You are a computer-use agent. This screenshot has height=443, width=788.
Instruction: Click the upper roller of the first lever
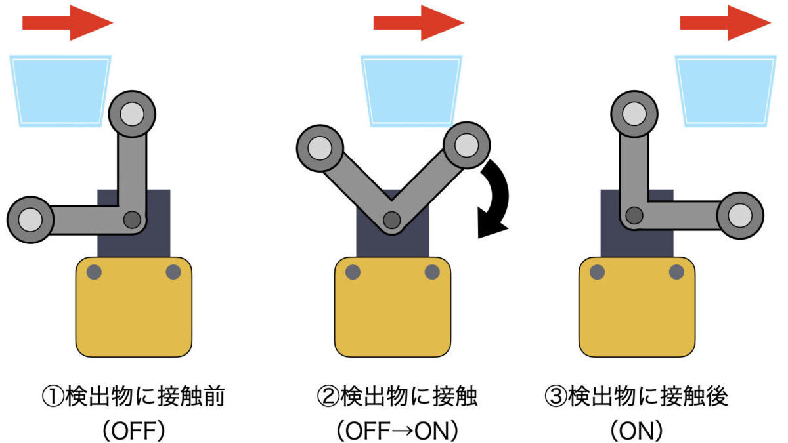coord(132,114)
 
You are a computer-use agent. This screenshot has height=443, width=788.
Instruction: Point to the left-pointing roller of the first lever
coord(30,219)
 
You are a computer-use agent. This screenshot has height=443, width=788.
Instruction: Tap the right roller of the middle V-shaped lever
coord(466,145)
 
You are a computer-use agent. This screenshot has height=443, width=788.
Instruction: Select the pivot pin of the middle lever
coord(392,220)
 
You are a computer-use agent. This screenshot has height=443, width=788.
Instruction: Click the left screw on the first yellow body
coord(94,272)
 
